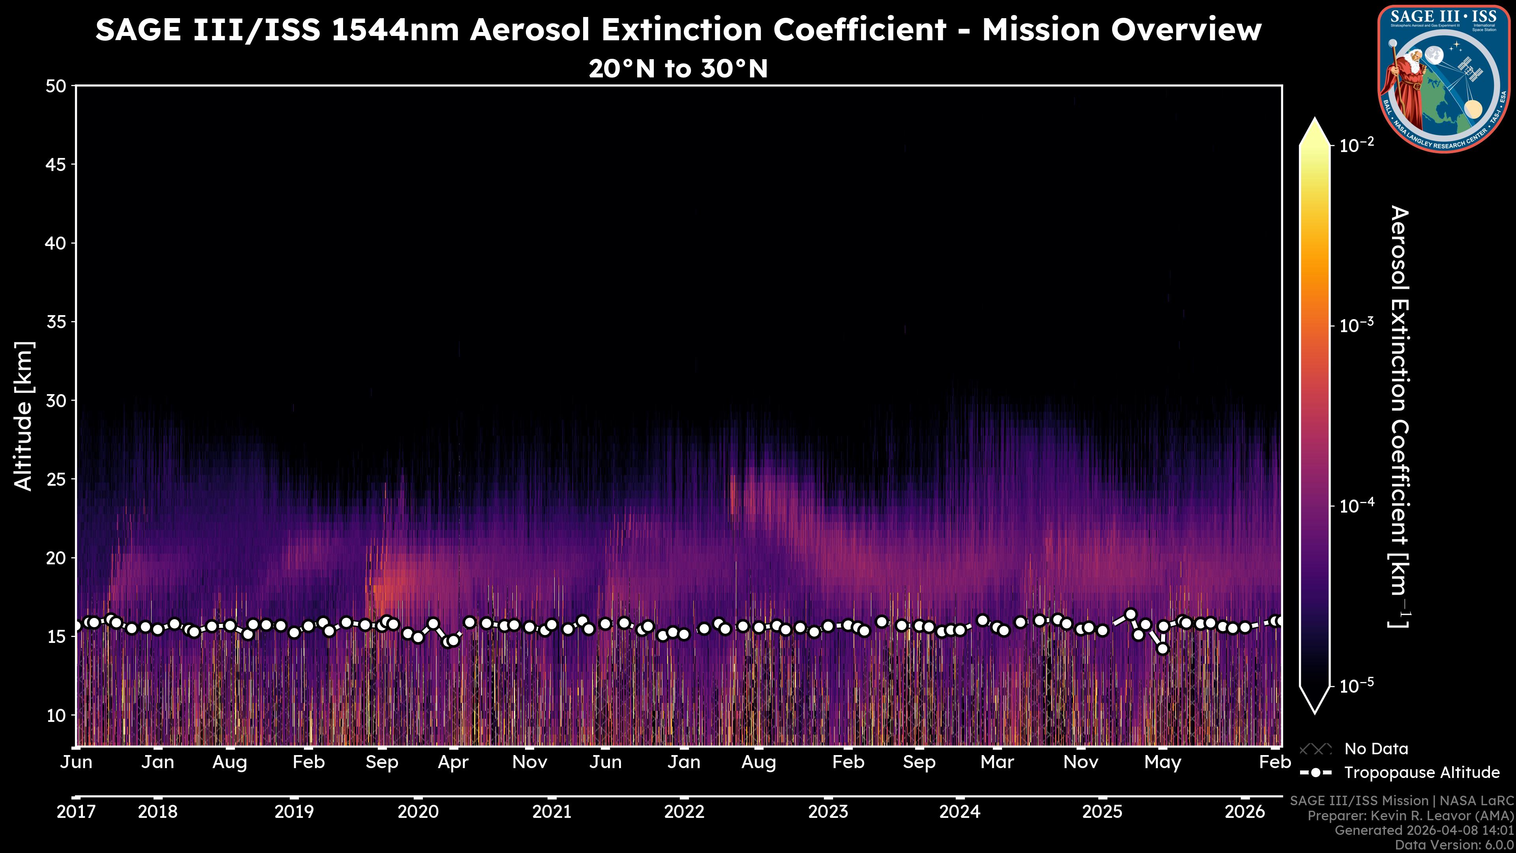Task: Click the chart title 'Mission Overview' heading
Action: pos(678,30)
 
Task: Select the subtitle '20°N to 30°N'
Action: pos(678,69)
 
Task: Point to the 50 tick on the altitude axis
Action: pos(56,86)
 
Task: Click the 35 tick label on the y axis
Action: pos(56,322)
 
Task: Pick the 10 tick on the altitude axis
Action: pos(56,715)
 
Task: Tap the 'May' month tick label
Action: pos(1162,762)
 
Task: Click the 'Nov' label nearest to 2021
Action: pos(530,762)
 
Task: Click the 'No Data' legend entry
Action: pos(1376,749)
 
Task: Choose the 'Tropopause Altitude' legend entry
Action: pos(1421,772)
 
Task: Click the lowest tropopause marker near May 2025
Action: pos(1162,649)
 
